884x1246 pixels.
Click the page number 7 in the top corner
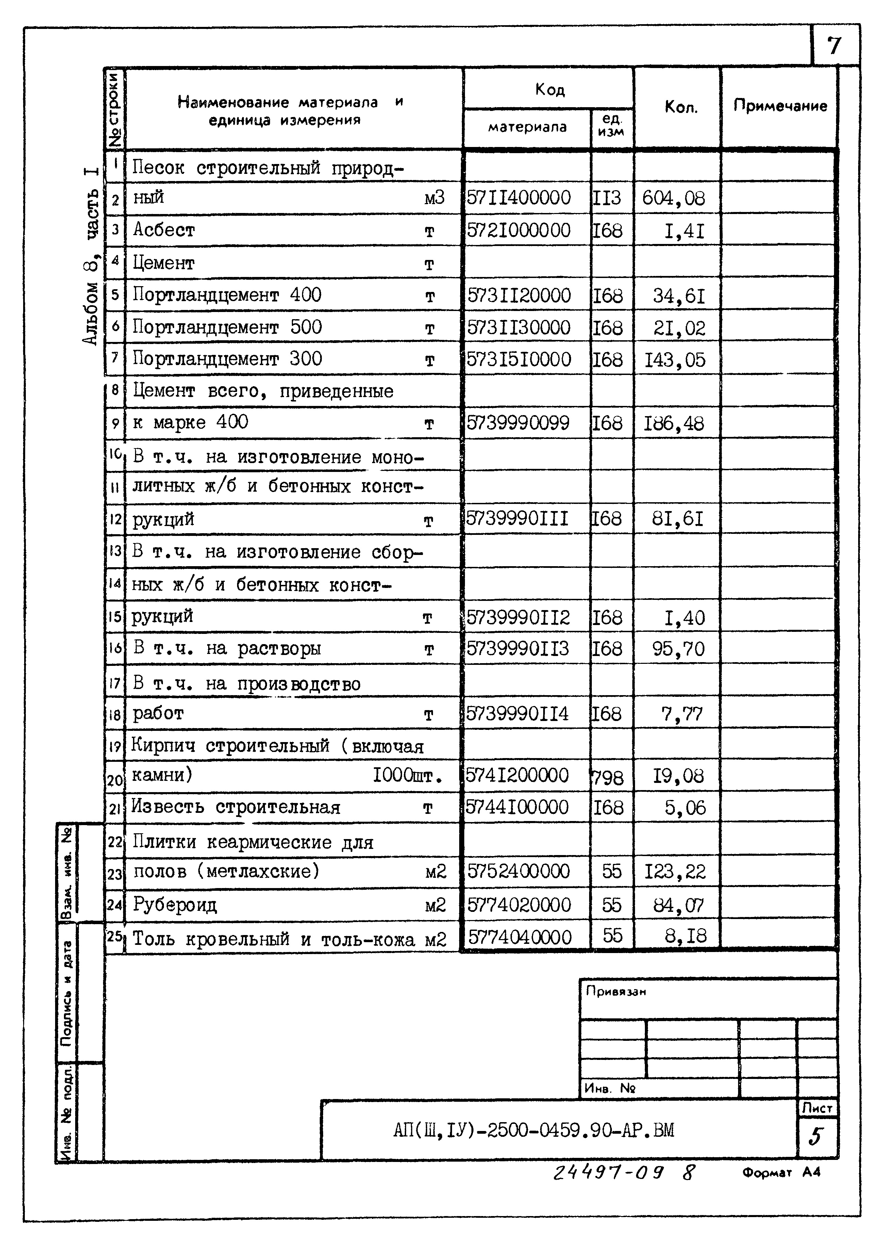[x=834, y=46]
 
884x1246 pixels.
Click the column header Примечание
[x=780, y=106]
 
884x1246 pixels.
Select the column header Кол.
[x=680, y=107]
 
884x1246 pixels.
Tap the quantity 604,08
[x=673, y=198]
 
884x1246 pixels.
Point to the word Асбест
[x=164, y=230]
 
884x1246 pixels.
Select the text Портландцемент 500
[x=228, y=327]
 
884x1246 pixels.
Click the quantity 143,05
[x=675, y=360]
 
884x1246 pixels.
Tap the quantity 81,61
[x=678, y=519]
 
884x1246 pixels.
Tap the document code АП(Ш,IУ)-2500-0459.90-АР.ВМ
[x=533, y=1131]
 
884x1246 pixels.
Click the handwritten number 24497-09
[x=608, y=1172]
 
